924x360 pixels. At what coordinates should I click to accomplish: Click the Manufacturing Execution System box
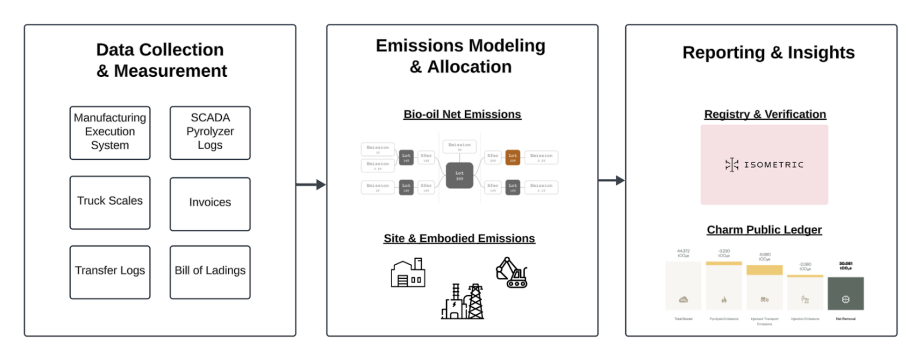[110, 133]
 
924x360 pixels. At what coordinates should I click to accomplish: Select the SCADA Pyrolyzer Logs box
[210, 133]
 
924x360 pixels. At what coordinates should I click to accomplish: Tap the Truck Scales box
[110, 202]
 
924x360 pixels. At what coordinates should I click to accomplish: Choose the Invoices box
[210, 203]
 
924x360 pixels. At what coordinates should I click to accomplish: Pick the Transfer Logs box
[110, 272]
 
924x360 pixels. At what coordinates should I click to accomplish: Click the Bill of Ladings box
[210, 272]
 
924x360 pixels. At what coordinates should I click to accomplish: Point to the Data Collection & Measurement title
[160, 60]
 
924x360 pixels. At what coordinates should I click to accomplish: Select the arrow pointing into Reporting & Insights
[612, 180]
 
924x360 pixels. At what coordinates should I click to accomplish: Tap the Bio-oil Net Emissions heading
[462, 114]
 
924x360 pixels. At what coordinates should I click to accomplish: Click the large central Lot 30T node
[459, 176]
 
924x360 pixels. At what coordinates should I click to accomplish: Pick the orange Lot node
[512, 158]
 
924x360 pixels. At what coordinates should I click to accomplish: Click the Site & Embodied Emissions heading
[459, 238]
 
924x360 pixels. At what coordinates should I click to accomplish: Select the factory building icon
[408, 274]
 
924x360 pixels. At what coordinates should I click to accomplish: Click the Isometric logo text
[773, 165]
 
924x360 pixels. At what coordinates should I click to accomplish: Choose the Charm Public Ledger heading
[764, 230]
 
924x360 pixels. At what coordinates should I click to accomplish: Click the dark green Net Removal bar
[845, 293]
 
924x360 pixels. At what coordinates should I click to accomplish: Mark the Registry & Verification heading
[765, 114]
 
